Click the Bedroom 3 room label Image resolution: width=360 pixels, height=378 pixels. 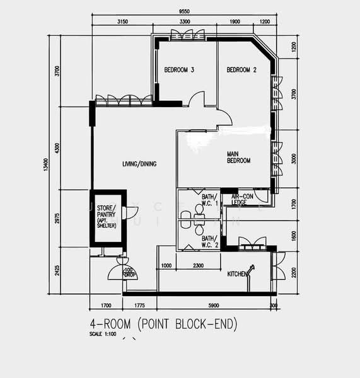coord(178,69)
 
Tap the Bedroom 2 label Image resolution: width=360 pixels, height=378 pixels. coord(241,69)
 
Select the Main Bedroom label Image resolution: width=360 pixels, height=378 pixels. coord(239,157)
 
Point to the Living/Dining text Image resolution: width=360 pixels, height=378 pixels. coord(139,164)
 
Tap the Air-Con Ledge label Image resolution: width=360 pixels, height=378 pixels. coord(240,200)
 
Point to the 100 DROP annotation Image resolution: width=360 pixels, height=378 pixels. coord(129,273)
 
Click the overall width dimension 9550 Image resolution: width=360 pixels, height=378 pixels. coord(185,11)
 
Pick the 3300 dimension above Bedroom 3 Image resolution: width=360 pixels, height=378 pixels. coord(185,22)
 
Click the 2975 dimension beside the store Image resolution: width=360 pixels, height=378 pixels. coord(57,218)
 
